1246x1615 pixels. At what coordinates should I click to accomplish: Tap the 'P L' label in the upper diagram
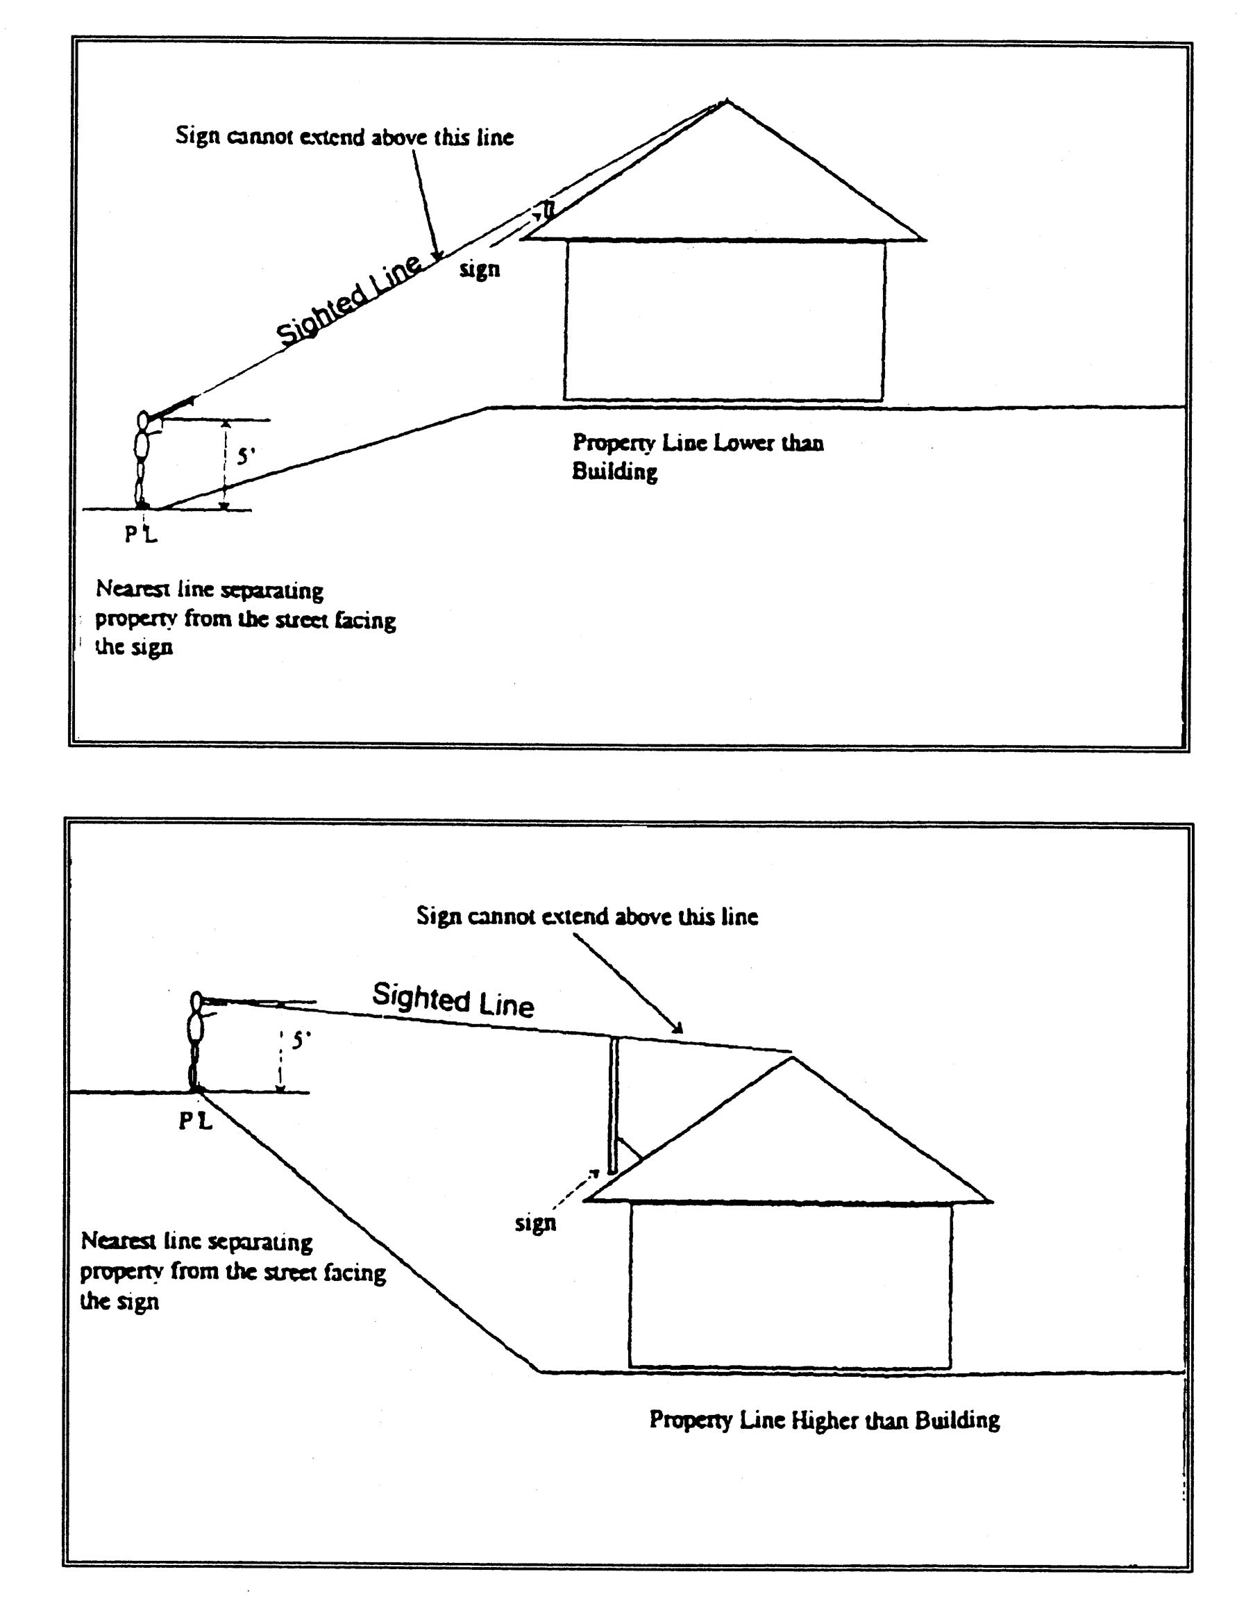(x=140, y=534)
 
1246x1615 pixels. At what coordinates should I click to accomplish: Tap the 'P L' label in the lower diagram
(x=195, y=1121)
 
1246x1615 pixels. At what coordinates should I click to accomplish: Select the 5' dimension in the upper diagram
(x=245, y=456)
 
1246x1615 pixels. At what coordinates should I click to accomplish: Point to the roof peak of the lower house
(x=792, y=1059)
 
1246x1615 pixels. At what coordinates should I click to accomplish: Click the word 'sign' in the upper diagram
(x=479, y=269)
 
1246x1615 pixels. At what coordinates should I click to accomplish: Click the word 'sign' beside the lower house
(x=534, y=1222)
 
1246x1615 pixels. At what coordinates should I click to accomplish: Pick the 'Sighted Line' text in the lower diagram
(x=453, y=999)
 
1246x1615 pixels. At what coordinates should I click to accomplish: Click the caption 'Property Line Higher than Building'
(x=824, y=1419)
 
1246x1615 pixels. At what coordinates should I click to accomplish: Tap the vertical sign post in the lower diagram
(x=612, y=1105)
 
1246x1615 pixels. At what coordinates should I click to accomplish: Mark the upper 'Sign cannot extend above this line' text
(x=344, y=137)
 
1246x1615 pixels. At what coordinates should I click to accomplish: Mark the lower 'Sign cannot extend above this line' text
(x=587, y=917)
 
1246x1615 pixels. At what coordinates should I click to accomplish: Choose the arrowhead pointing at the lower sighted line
(x=677, y=1027)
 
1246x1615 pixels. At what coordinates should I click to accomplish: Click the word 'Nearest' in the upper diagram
(x=124, y=589)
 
